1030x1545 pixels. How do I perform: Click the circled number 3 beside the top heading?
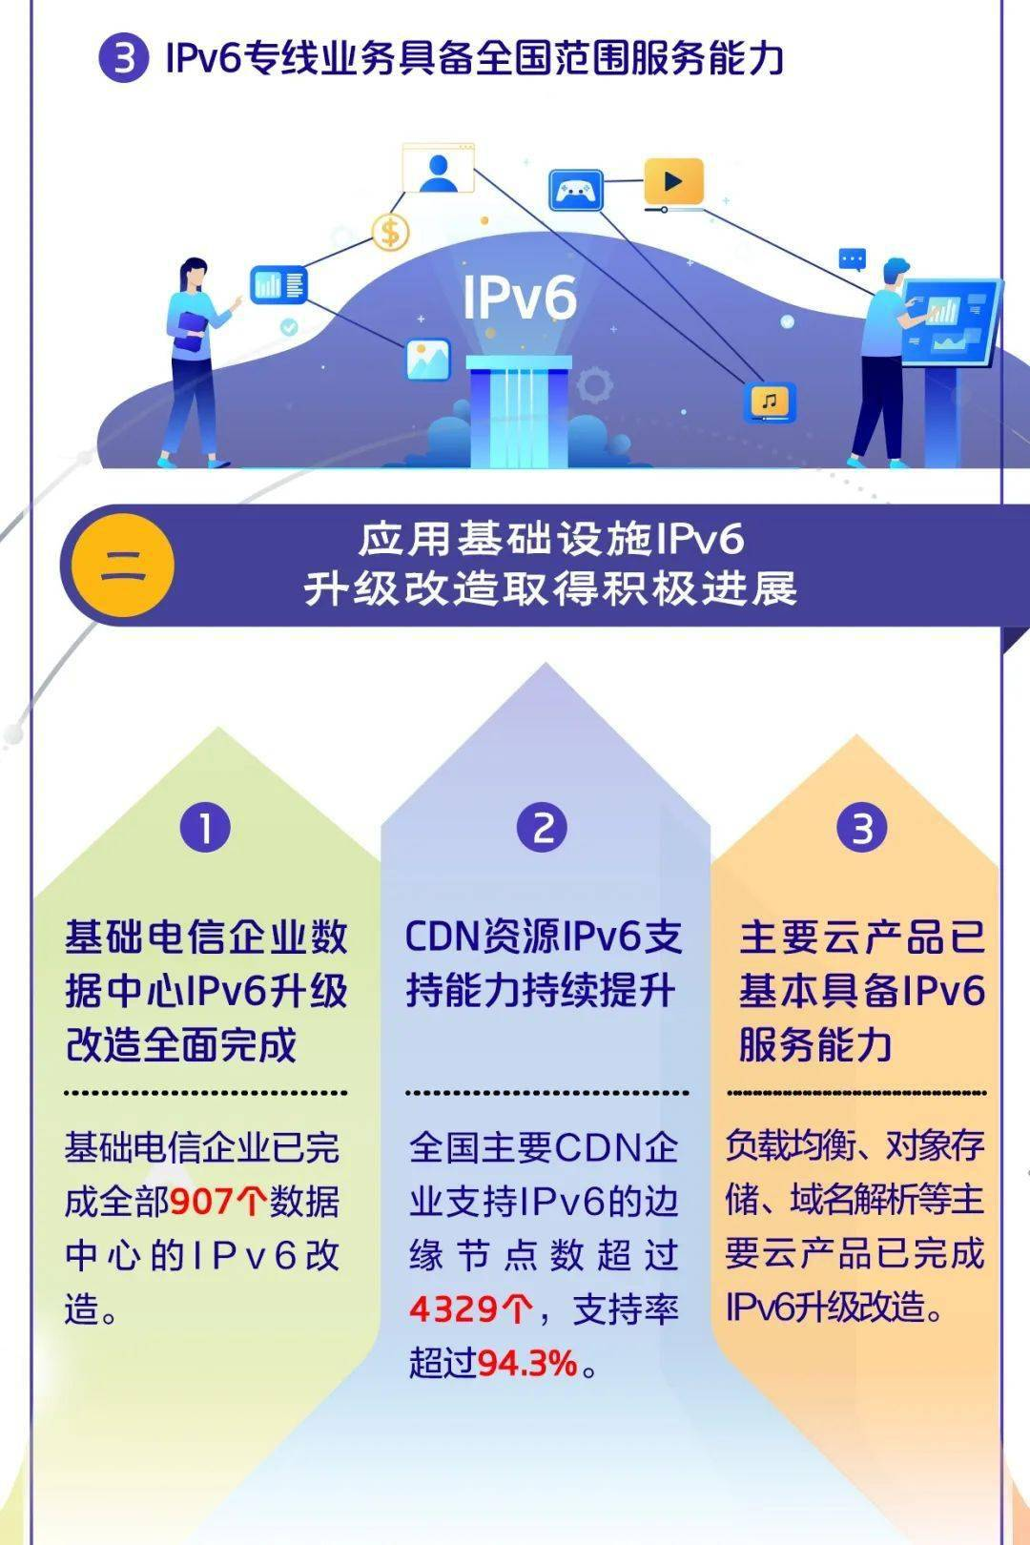pos(124,57)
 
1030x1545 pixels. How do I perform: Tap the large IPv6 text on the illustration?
pos(520,298)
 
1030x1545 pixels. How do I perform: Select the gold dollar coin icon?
pos(389,231)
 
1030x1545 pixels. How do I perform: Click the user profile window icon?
pos(438,169)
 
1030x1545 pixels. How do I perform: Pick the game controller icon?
pos(576,191)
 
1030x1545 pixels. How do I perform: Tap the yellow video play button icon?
pos(673,181)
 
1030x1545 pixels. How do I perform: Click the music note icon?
pos(770,402)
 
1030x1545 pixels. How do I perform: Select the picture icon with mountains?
pos(427,359)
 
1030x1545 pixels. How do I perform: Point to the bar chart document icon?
pos(278,284)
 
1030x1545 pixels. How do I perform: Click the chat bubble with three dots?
pos(852,258)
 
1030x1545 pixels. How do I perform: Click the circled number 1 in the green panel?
pos(205,827)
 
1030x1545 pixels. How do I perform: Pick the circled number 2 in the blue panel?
pos(542,827)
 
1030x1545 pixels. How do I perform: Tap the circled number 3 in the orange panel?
pos(862,827)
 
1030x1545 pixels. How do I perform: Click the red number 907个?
pos(218,1201)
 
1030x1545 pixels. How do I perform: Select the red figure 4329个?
pos(469,1309)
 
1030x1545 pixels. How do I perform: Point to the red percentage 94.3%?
pos(527,1364)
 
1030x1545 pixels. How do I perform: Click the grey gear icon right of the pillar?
pos(594,384)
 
